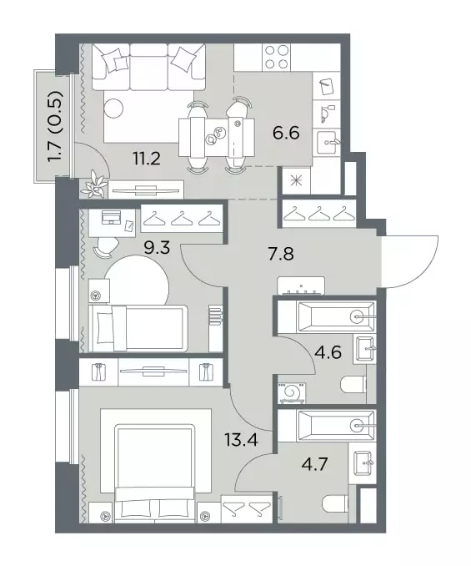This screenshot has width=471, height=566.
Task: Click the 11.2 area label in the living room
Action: click(x=147, y=159)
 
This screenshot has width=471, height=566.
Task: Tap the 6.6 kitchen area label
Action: click(x=286, y=134)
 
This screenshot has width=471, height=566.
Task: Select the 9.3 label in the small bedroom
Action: click(x=157, y=248)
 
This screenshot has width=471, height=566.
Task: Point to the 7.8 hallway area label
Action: click(x=281, y=254)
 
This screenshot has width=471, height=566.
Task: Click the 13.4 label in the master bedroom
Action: click(x=241, y=440)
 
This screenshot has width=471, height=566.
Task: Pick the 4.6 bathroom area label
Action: click(x=328, y=352)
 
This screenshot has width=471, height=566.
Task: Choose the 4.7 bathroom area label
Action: click(x=314, y=464)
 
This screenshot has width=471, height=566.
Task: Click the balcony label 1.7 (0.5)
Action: click(x=55, y=126)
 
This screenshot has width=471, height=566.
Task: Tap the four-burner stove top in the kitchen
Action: click(x=277, y=57)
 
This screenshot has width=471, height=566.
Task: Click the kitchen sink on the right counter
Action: click(x=328, y=142)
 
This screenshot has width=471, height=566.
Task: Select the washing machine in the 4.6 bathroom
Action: click(x=292, y=392)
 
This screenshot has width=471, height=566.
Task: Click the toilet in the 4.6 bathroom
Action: click(x=353, y=385)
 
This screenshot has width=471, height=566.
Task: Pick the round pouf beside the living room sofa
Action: click(x=113, y=108)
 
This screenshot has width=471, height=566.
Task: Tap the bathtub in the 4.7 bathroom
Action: click(x=335, y=426)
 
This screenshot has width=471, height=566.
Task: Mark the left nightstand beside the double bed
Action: click(x=101, y=512)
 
